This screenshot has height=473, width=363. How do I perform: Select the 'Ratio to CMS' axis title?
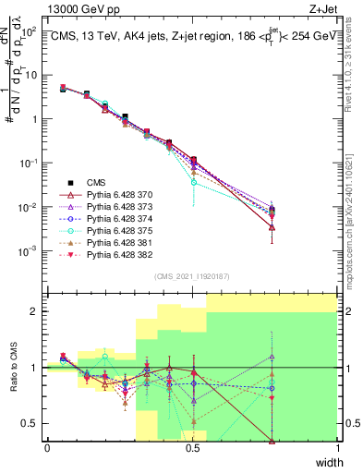coord(14,368)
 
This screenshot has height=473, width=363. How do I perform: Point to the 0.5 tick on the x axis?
coord(193,449)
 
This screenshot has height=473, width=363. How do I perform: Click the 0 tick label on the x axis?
coord(47,449)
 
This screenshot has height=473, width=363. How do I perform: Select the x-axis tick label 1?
coord(338,449)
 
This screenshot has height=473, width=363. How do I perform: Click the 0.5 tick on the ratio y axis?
coord(32,424)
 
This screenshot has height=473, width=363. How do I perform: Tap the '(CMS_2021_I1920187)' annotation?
coord(192,276)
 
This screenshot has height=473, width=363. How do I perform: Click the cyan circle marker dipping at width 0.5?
coord(193,182)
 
